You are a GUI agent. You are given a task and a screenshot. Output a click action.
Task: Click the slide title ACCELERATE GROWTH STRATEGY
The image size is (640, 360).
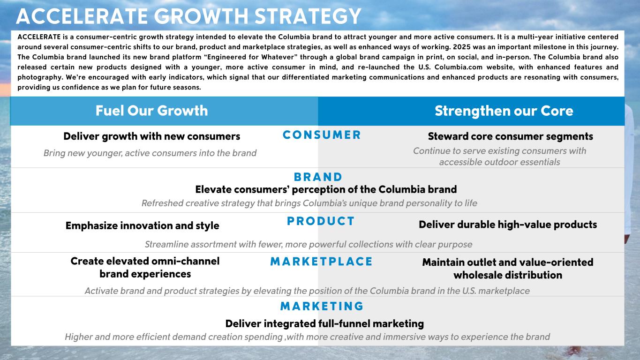pyautogui.click(x=188, y=16)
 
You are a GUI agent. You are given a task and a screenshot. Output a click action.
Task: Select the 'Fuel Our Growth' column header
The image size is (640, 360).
pyautogui.click(x=152, y=111)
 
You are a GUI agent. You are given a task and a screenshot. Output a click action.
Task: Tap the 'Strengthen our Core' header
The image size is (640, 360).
pyautogui.click(x=504, y=111)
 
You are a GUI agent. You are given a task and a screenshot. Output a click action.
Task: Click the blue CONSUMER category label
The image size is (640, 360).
pyautogui.click(x=322, y=135)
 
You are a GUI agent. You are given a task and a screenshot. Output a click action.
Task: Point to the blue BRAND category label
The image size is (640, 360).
pyautogui.click(x=318, y=177)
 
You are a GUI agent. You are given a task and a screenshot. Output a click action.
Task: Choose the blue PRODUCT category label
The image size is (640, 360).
pyautogui.click(x=321, y=221)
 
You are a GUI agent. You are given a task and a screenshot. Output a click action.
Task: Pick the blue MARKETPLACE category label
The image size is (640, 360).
pyautogui.click(x=322, y=262)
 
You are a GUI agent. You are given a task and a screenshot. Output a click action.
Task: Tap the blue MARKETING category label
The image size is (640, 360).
pyautogui.click(x=322, y=306)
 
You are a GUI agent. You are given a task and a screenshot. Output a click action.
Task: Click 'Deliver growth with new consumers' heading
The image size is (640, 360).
pyautogui.click(x=152, y=136)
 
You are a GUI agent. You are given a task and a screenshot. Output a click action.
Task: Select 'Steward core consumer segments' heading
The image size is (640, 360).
pyautogui.click(x=510, y=136)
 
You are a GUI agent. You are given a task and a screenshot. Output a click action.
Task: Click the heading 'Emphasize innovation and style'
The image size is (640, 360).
pyautogui.click(x=142, y=226)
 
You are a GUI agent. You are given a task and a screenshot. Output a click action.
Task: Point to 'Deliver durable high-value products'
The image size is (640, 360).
pyautogui.click(x=508, y=225)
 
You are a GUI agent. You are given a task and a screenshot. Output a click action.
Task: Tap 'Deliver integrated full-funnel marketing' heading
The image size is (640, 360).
pyautogui.click(x=324, y=324)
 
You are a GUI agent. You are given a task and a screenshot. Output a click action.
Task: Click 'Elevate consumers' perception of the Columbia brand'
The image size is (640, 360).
pyautogui.click(x=326, y=189)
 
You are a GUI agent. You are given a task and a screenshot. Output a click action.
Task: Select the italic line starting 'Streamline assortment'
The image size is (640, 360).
pyautogui.click(x=309, y=245)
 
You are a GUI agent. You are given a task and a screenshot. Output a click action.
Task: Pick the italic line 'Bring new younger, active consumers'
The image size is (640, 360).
pyautogui.click(x=150, y=153)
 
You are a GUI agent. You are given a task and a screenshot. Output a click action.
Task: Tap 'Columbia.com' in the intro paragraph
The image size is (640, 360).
pyautogui.click(x=458, y=67)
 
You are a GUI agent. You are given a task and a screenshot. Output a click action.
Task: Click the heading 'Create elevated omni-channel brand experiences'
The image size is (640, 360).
pyautogui.click(x=145, y=268)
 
